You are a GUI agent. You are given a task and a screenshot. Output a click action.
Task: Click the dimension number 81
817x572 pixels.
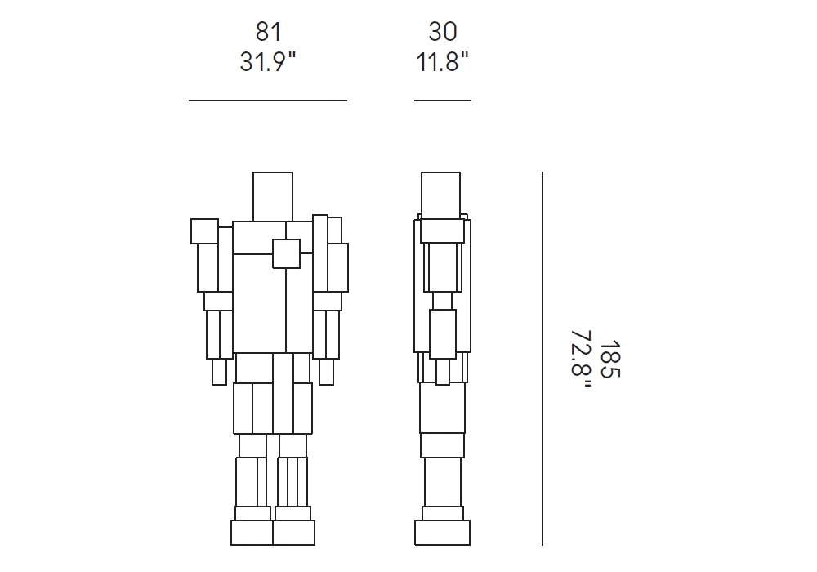(268, 32)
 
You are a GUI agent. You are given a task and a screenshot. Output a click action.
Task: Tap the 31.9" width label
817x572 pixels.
(268, 62)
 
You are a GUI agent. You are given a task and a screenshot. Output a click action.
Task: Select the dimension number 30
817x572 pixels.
(443, 32)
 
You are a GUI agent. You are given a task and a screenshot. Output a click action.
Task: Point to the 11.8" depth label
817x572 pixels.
(442, 62)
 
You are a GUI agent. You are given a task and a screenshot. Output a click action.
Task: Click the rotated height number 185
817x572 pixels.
(609, 360)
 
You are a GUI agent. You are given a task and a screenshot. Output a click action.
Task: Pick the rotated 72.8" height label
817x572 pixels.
(581, 360)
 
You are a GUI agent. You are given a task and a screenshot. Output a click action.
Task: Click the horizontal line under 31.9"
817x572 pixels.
(268, 100)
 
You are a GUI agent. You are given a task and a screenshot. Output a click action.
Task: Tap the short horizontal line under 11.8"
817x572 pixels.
(443, 100)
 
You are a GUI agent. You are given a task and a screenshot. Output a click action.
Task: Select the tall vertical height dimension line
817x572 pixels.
(542, 359)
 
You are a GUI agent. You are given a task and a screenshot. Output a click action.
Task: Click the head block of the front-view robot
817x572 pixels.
(273, 196)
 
